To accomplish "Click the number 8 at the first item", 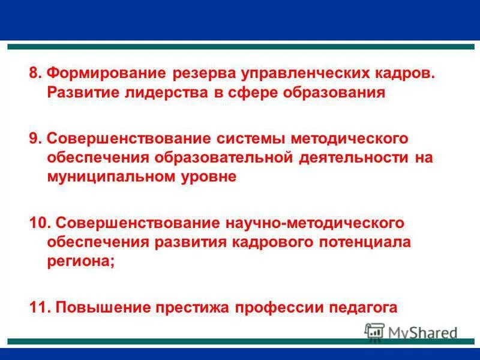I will pyautogui.click(x=34, y=73).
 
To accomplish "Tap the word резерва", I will pyautogui.click(x=203, y=73).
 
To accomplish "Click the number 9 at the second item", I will pyautogui.click(x=34, y=139).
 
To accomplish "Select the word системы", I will pyautogui.click(x=254, y=139).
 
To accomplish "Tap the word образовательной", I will pyautogui.click(x=224, y=158).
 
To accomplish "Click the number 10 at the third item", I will pyautogui.click(x=39, y=223).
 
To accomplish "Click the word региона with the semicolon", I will pyautogui.click(x=80, y=262).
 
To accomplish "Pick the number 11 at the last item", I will pyautogui.click(x=39, y=307).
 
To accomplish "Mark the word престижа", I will pyautogui.click(x=194, y=307).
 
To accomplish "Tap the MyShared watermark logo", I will pyautogui.click(x=412, y=332).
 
